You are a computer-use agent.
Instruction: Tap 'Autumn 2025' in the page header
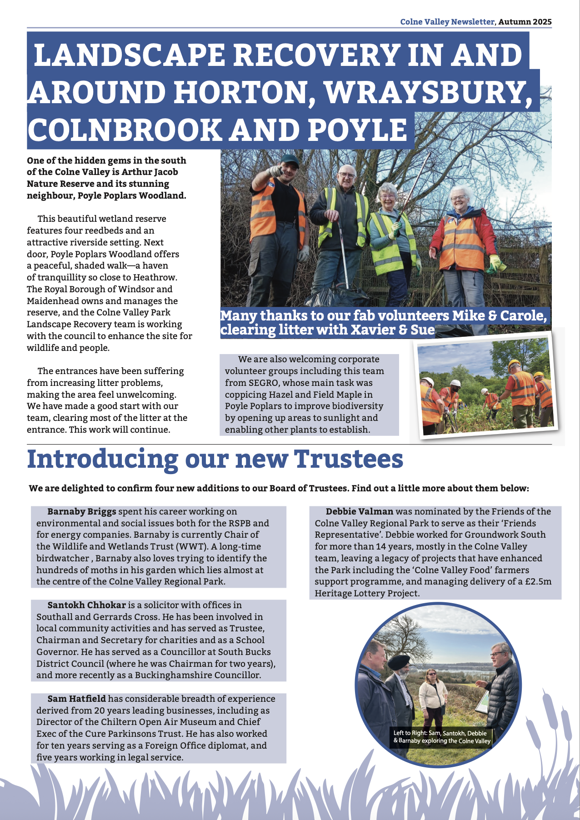tap(525, 22)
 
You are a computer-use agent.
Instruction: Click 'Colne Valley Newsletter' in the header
tap(447, 22)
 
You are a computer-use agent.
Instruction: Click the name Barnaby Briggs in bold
tap(82, 511)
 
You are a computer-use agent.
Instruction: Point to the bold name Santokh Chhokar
tap(86, 605)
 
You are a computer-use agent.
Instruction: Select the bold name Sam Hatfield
tap(76, 699)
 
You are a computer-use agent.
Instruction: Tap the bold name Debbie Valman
tap(359, 511)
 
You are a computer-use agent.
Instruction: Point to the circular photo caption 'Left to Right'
tap(411, 733)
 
